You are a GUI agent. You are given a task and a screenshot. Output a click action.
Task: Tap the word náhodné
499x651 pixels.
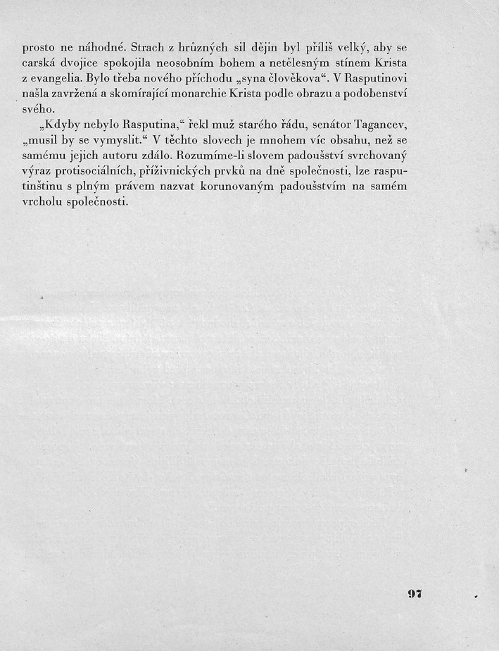click(103, 49)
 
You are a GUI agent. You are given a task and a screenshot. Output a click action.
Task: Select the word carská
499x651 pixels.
click(39, 64)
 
